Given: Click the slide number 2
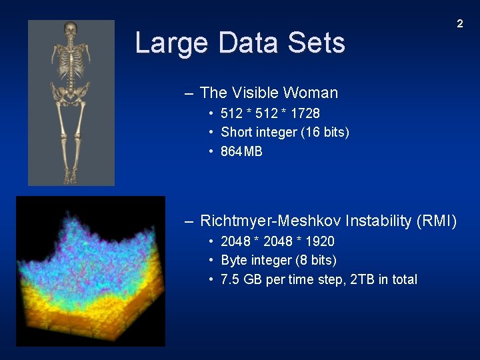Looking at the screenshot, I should pos(459,24).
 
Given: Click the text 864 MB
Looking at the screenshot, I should pos(241,151).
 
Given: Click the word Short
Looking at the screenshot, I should pos(237,132).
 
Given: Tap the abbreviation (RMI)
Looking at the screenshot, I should pos(437,221).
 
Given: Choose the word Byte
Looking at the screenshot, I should pos(234,260).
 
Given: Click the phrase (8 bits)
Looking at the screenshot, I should pos(314,260).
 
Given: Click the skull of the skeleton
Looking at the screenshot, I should pos(71,31).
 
